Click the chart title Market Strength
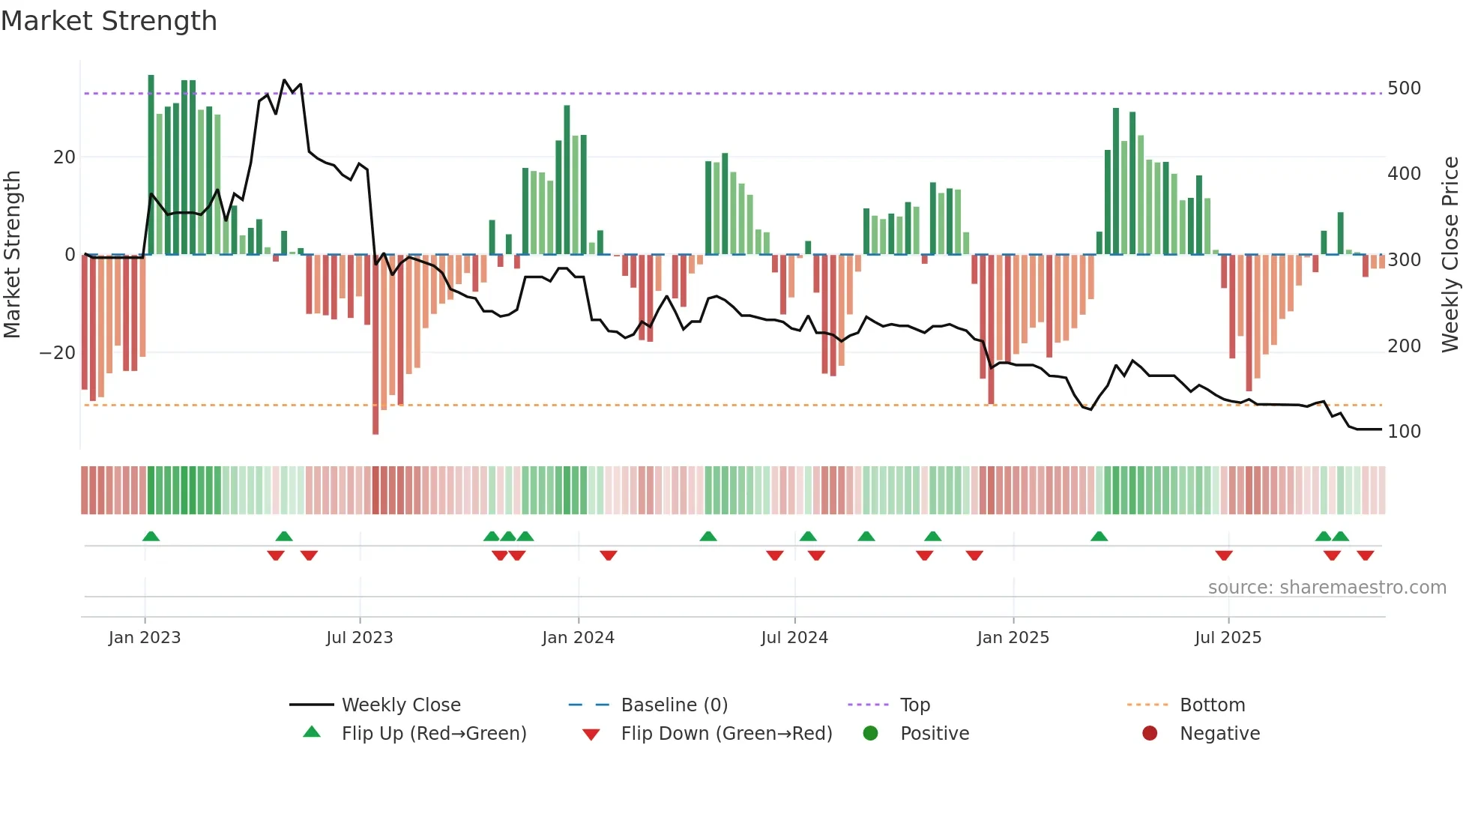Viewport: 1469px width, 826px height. [x=109, y=21]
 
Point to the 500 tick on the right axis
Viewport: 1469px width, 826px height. [x=1404, y=88]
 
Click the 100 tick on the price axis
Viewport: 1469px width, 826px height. [x=1404, y=432]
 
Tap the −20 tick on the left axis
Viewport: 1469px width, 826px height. [x=58, y=353]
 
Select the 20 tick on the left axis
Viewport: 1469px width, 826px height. [x=64, y=157]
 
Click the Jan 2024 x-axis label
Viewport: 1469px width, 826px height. [x=578, y=638]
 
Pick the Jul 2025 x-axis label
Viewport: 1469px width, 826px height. [x=1228, y=638]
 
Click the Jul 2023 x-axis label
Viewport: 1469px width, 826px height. [x=359, y=638]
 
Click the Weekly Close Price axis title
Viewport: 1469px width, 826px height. [x=1450, y=255]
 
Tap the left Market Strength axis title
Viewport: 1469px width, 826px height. [x=13, y=255]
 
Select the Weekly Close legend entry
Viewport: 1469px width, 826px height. [x=400, y=705]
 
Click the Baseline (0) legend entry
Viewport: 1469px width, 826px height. [x=674, y=705]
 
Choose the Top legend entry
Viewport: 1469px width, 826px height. [x=914, y=705]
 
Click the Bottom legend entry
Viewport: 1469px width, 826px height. [x=1212, y=705]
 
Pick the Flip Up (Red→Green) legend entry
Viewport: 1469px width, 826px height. [x=433, y=734]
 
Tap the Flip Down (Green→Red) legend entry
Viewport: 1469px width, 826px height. [x=726, y=734]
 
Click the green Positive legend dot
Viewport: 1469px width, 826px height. [x=870, y=734]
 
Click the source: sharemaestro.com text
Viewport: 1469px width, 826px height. [x=1327, y=588]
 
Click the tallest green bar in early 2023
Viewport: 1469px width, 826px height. [x=151, y=165]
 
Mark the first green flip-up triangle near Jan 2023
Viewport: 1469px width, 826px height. [x=151, y=536]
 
